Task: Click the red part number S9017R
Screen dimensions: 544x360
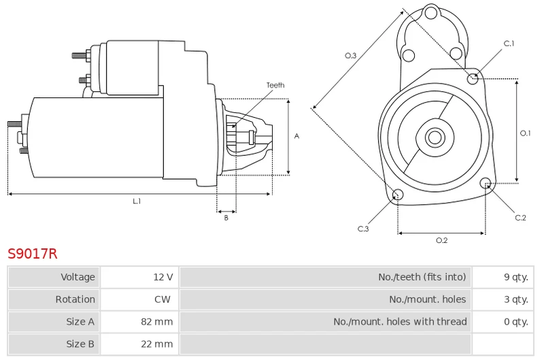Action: click(32, 254)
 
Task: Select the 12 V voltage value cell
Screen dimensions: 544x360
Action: click(139, 277)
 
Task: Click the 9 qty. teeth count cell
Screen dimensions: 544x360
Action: click(503, 277)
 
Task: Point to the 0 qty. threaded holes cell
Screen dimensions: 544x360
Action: click(503, 322)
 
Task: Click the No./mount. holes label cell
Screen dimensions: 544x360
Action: click(326, 299)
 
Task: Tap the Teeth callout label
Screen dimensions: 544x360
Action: click(275, 85)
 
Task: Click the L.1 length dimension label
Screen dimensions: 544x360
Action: click(137, 201)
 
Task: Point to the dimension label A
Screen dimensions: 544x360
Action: click(296, 136)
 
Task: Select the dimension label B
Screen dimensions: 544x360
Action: click(226, 218)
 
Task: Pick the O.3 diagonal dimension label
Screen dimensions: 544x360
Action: click(350, 55)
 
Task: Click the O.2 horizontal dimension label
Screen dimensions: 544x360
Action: click(441, 240)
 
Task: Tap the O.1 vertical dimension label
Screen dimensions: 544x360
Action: click(525, 133)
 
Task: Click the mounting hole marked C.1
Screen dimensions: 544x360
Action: click(473, 79)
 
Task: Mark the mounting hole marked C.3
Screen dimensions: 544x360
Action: click(398, 195)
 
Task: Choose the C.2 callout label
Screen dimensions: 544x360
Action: click(520, 218)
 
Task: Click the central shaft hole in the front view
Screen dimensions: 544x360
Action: click(435, 137)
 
